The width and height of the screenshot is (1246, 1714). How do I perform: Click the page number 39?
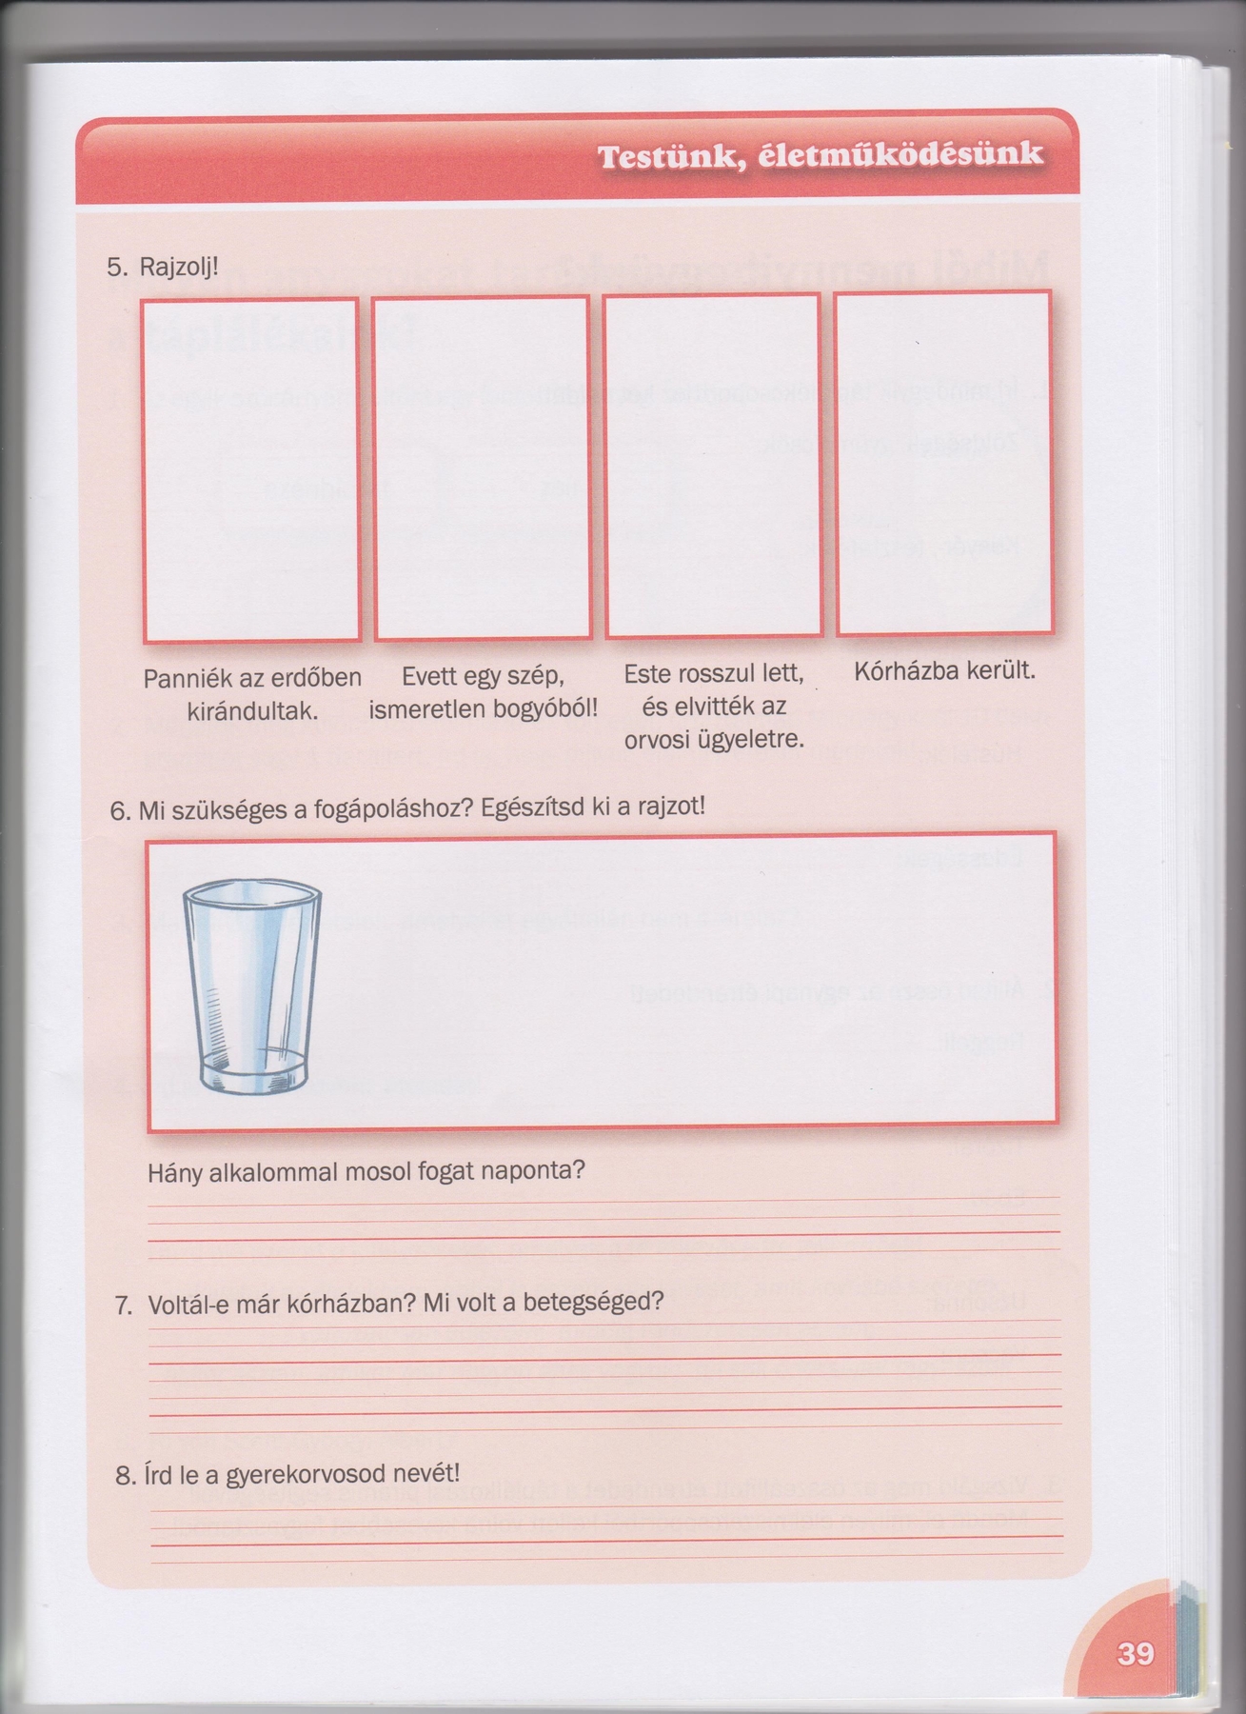pyautogui.click(x=1135, y=1652)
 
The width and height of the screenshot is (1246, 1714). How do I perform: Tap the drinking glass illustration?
pyautogui.click(x=252, y=986)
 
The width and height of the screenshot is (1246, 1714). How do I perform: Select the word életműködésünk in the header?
pyautogui.click(x=900, y=155)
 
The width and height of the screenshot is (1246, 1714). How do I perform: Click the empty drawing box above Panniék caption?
pyautogui.click(x=251, y=469)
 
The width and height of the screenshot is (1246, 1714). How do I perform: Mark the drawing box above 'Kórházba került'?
pyautogui.click(x=944, y=463)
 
